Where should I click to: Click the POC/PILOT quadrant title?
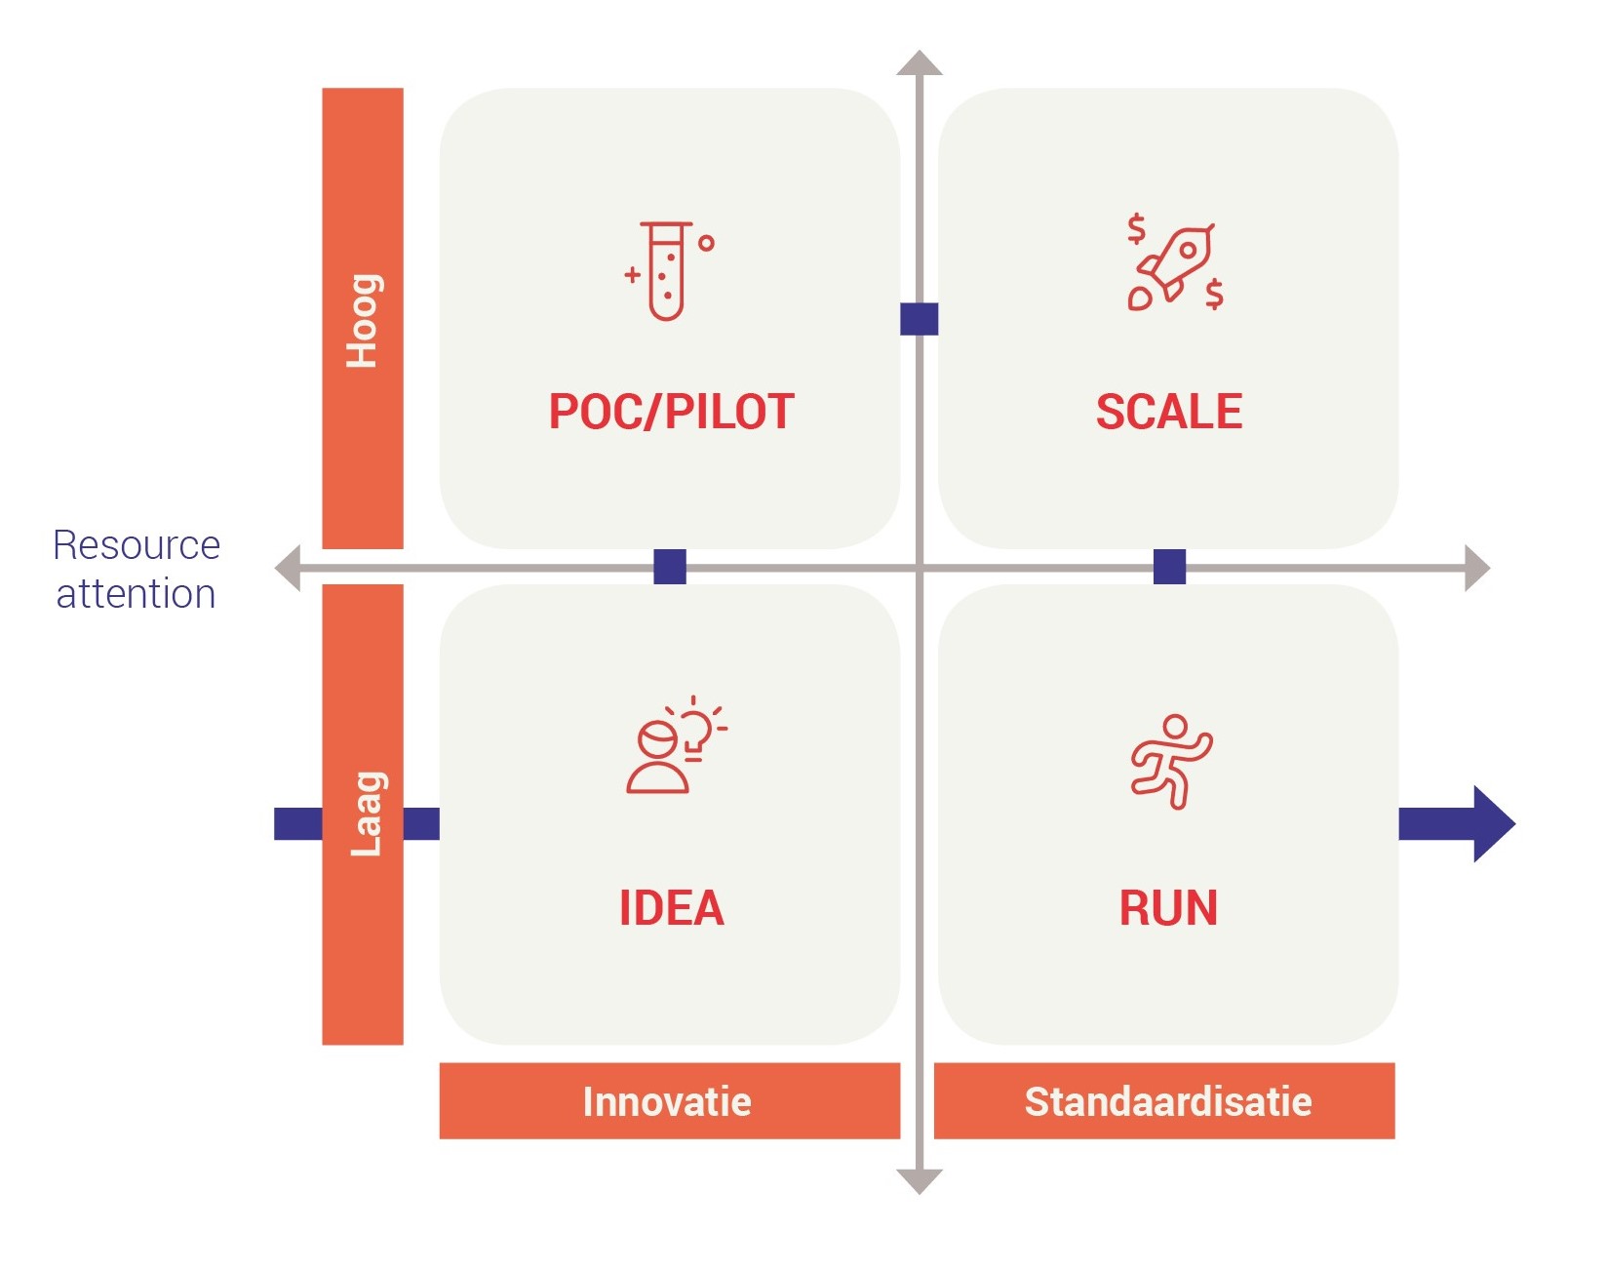click(671, 412)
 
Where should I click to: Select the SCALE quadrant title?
click(1169, 412)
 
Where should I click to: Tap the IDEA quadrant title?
click(672, 908)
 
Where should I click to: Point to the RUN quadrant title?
click(1168, 908)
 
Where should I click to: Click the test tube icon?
click(666, 271)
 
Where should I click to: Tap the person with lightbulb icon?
click(675, 744)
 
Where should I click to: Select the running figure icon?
click(1171, 762)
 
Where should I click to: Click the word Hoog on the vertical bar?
click(364, 320)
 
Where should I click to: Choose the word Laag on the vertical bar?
click(367, 815)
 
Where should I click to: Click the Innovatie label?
click(667, 1101)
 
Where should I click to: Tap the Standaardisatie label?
click(1168, 1101)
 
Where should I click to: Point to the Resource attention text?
click(137, 569)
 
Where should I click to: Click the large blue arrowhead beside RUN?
click(1493, 824)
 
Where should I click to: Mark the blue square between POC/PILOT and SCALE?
click(920, 319)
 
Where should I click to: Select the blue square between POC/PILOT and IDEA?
click(670, 567)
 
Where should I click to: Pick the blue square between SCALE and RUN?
click(1169, 567)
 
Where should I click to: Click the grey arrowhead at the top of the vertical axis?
click(920, 63)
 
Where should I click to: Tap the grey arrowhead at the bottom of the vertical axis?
click(920, 1181)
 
